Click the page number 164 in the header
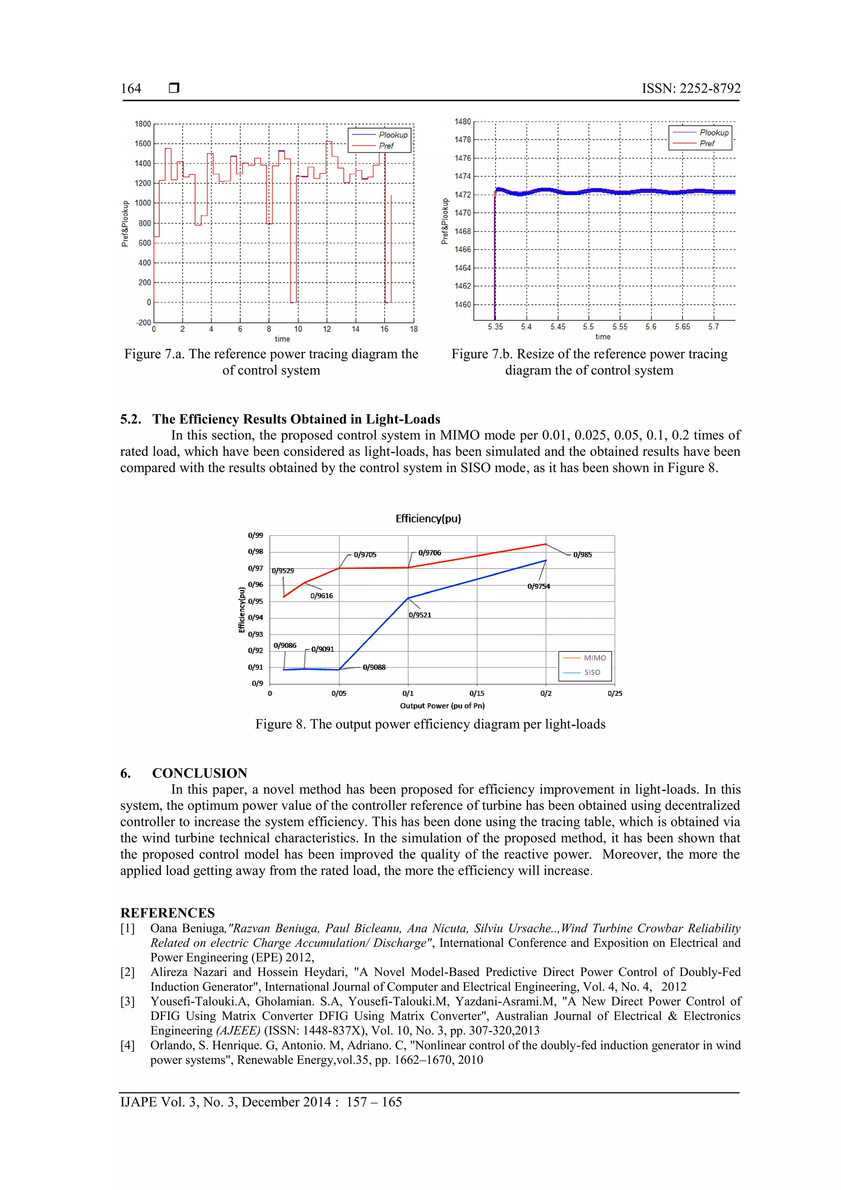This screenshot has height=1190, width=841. tap(131, 89)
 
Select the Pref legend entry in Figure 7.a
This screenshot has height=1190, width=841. tap(386, 146)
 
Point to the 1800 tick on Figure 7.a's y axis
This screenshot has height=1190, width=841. tap(143, 124)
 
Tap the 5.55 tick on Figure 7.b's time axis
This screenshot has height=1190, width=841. tap(620, 327)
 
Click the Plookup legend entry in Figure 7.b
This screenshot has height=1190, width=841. tap(714, 133)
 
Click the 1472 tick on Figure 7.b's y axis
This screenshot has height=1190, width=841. tap(463, 195)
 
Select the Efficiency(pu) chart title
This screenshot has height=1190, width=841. tap(428, 519)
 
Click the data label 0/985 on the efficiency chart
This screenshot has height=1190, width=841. tap(582, 555)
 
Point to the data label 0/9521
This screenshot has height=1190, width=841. tap(420, 615)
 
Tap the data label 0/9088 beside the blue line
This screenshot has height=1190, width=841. tap(374, 668)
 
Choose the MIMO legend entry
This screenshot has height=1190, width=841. tap(594, 658)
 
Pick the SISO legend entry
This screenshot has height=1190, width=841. tap(592, 672)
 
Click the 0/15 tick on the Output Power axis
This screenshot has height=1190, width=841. tap(477, 693)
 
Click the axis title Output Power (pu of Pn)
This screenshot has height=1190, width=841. tap(442, 706)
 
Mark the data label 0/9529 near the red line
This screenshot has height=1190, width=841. tap(283, 571)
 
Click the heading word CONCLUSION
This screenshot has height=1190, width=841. tap(200, 773)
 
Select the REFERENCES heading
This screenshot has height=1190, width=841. tap(168, 913)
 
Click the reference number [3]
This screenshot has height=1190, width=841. tap(127, 1001)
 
